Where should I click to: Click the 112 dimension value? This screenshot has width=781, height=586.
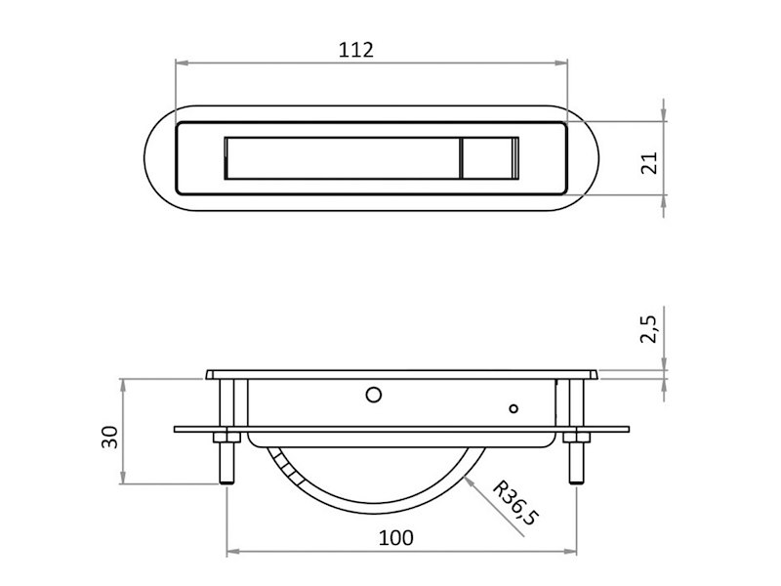[355, 50]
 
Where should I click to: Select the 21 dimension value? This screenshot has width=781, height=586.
[649, 162]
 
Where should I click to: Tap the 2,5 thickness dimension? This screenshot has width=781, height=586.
[649, 329]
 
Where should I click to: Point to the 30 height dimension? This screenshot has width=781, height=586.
[109, 437]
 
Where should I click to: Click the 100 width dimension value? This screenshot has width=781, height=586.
[396, 538]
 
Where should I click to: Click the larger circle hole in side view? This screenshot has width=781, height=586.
[374, 396]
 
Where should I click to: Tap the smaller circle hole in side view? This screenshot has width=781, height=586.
[514, 408]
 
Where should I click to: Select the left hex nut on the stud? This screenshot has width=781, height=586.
[226, 438]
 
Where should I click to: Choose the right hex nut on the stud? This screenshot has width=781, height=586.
[576, 438]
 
